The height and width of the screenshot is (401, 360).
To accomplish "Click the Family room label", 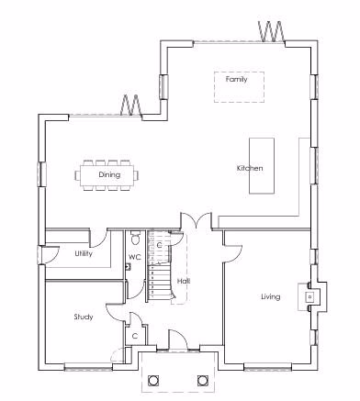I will [x=237, y=80].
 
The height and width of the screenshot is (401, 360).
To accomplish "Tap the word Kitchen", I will [x=250, y=168].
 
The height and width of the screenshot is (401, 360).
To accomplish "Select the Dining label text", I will [x=84, y=174].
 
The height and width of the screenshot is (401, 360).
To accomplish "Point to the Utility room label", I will [x=84, y=253].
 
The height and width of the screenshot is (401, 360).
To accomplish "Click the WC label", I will [x=134, y=257].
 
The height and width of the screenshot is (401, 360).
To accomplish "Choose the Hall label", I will [x=184, y=280].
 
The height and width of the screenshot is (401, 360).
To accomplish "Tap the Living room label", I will [x=270, y=296].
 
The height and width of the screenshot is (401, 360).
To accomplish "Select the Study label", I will [x=84, y=317].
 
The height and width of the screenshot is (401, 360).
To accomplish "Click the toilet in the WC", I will [x=134, y=235].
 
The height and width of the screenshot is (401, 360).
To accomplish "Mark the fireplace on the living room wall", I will [x=310, y=295].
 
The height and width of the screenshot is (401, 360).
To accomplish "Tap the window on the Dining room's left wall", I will [x=40, y=174].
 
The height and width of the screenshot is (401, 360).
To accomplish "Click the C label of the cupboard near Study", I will [x=135, y=337].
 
